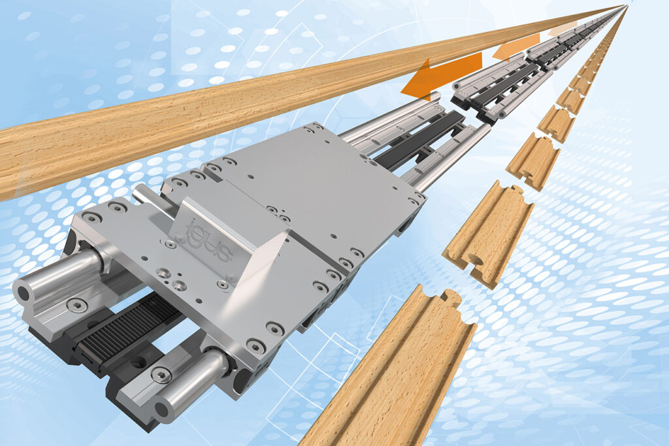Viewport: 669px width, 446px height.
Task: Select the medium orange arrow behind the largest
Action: click(x=516, y=47)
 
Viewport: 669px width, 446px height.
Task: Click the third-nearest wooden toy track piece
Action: click(x=533, y=161)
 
